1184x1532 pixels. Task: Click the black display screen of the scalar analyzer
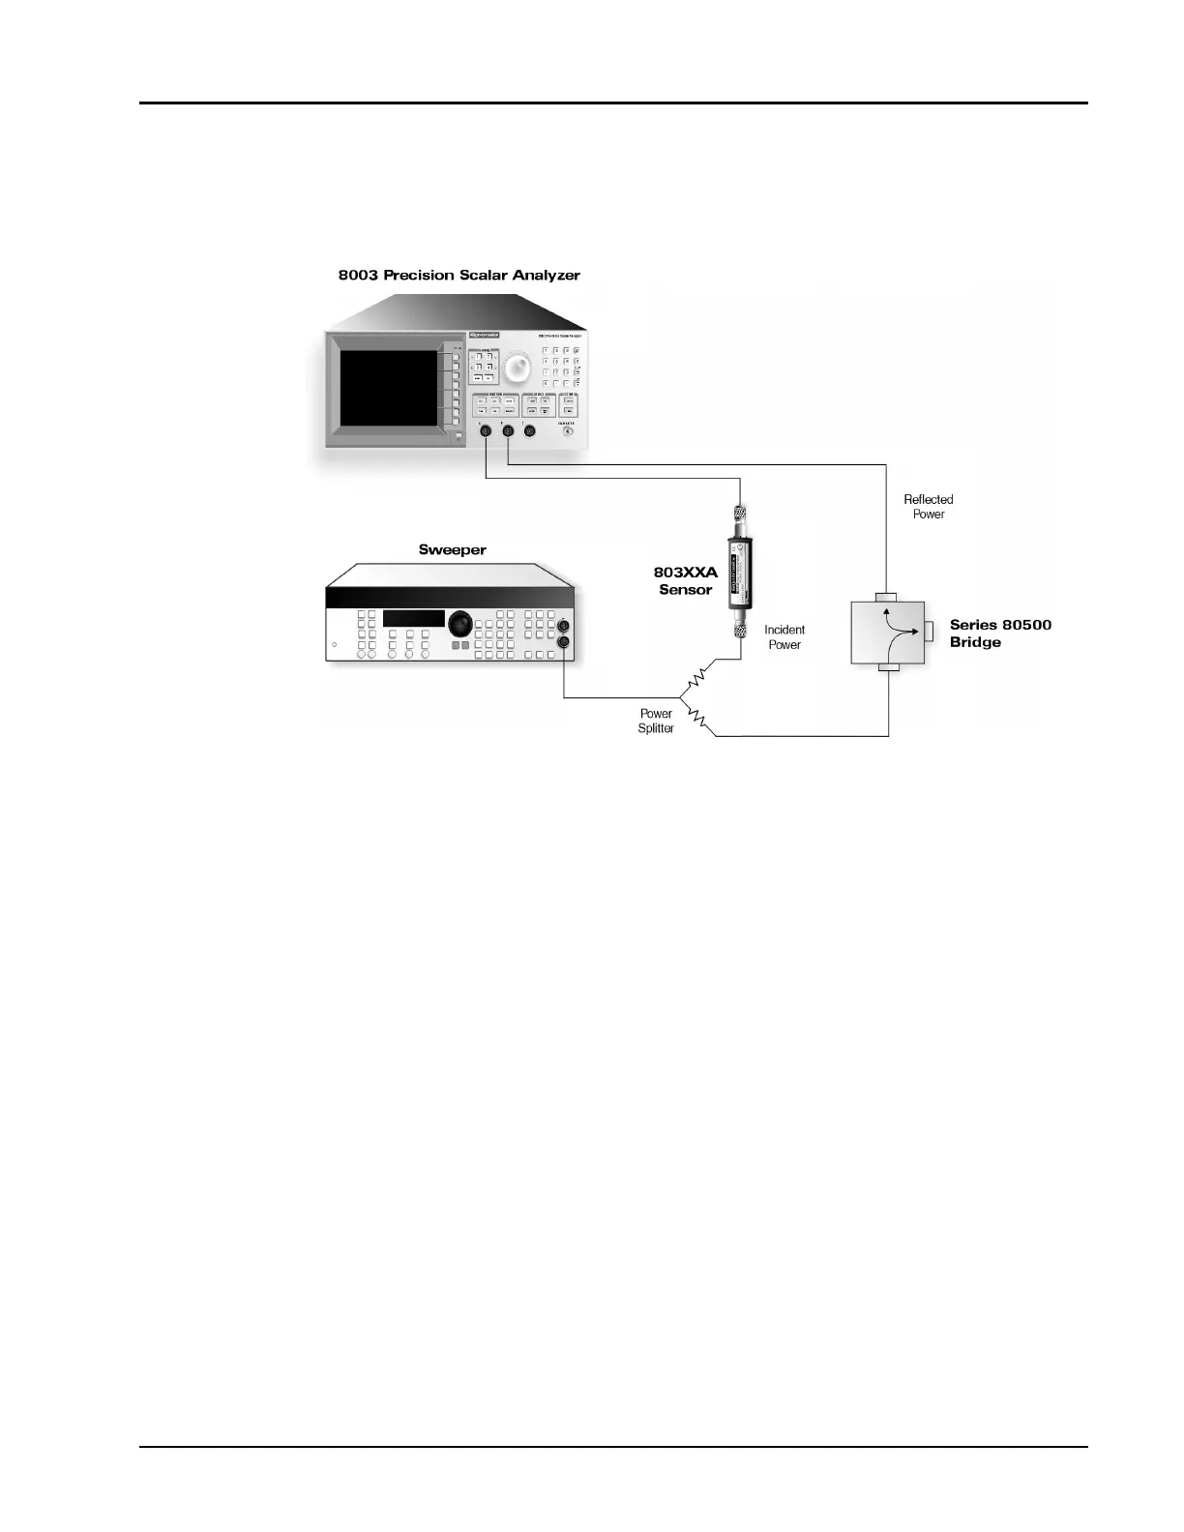pyautogui.click(x=389, y=389)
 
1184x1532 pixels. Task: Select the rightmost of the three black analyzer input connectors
pyautogui.click(x=529, y=431)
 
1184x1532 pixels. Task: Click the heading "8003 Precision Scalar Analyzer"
pyautogui.click(x=459, y=276)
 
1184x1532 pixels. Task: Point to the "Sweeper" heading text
pyautogui.click(x=452, y=550)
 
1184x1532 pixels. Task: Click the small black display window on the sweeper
pyautogui.click(x=413, y=618)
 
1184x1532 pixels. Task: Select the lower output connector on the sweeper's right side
pyautogui.click(x=564, y=642)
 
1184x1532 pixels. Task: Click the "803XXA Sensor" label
pyautogui.click(x=685, y=581)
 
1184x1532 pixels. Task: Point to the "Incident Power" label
pyautogui.click(x=784, y=637)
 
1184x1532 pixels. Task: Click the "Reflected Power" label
pyautogui.click(x=929, y=507)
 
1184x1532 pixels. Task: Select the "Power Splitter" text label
pyautogui.click(x=656, y=721)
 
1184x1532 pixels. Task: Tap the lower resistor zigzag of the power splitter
pyautogui.click(x=699, y=720)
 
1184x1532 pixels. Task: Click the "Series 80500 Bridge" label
pyautogui.click(x=999, y=633)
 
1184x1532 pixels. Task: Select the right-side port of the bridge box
pyautogui.click(x=928, y=632)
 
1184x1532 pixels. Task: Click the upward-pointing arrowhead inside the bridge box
pyautogui.click(x=885, y=610)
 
